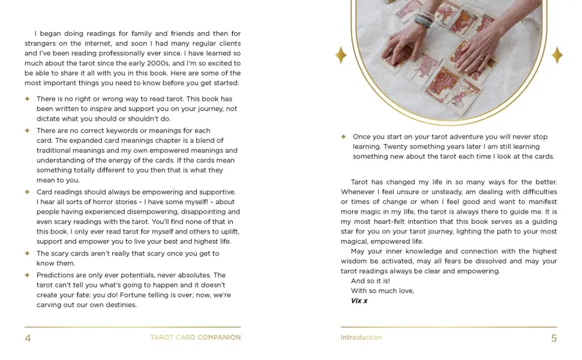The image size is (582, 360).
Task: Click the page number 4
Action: coord(28,338)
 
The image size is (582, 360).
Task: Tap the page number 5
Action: coord(554,338)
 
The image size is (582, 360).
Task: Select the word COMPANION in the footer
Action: coord(219,338)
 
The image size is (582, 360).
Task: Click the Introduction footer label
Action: coord(361,338)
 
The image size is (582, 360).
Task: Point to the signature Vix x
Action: coord(359,301)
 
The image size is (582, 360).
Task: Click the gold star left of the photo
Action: coord(341,55)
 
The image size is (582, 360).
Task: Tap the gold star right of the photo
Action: coord(557,55)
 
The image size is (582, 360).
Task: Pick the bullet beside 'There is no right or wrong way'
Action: coord(28,99)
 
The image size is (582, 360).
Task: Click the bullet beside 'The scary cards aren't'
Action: coord(28,253)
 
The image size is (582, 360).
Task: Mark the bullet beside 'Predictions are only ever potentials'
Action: coord(28,275)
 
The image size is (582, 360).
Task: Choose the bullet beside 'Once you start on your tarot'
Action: coord(343,137)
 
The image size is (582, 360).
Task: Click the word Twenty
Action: coord(395,146)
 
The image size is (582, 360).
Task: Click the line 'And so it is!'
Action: coord(370,281)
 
